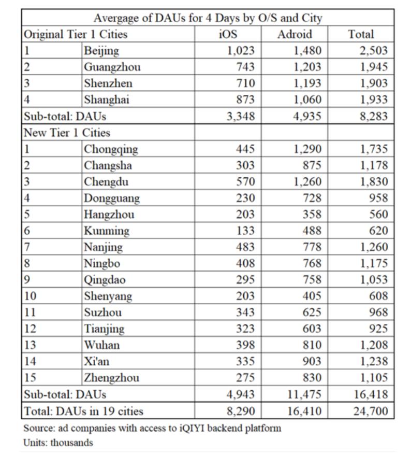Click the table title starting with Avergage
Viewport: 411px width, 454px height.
point(208,18)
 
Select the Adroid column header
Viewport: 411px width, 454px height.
point(295,34)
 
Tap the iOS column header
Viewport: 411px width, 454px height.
point(228,34)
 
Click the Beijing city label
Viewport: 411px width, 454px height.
point(101,51)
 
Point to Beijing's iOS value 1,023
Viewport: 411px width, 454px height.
point(241,51)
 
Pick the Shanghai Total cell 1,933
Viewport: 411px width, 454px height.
point(373,100)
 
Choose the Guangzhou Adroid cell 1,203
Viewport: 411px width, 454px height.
point(307,67)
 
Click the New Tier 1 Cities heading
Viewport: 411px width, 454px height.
point(67,133)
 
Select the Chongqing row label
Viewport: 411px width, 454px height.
point(111,149)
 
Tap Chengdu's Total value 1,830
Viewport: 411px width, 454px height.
point(373,182)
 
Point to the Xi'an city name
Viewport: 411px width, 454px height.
point(97,362)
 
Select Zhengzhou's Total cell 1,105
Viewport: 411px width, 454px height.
point(373,378)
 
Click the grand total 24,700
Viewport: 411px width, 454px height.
point(371,412)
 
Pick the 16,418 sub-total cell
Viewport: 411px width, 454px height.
point(371,394)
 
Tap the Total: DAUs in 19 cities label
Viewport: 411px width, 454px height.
point(83,412)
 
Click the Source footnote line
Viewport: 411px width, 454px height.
point(152,429)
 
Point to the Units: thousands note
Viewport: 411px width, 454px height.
point(58,443)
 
